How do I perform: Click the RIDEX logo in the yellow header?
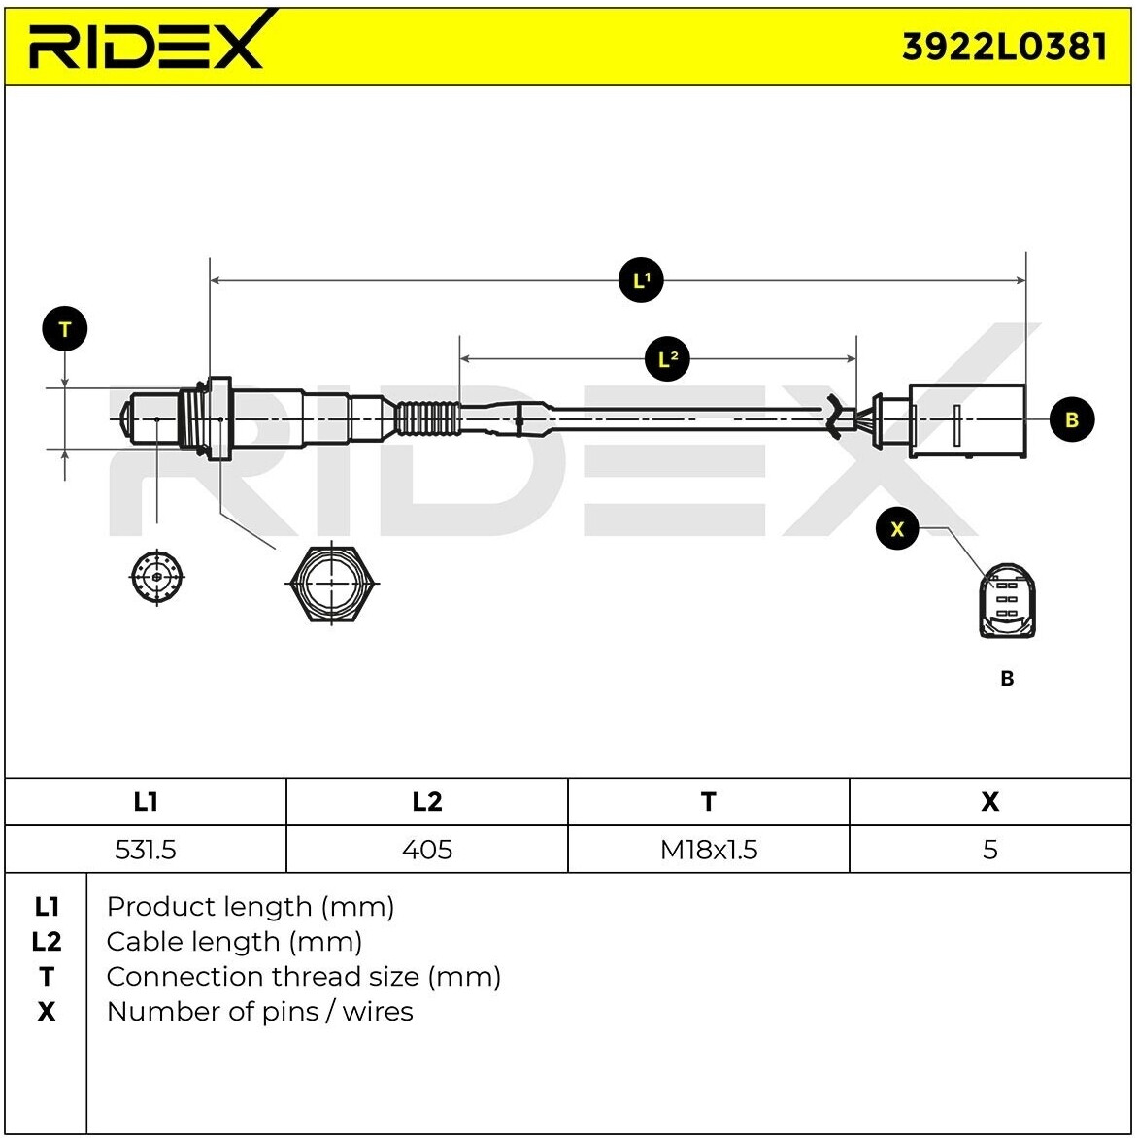coord(146,45)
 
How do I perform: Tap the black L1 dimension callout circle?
coord(641,281)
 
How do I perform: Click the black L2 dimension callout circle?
coord(667,360)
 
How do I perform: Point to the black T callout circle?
coord(65,329)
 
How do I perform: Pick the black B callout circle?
coord(1072,419)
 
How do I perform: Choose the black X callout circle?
coord(896,529)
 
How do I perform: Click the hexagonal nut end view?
coord(332,584)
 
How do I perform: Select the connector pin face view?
coord(1007,601)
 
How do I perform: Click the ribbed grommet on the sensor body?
coord(427,419)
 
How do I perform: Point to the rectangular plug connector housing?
coord(967,419)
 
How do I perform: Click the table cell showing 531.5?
coord(146,850)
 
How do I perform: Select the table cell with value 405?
coord(427,850)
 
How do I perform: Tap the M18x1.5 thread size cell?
coord(709,850)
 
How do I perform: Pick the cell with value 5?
coord(989,850)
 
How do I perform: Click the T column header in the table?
coord(709,802)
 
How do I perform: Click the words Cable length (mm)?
coord(234,941)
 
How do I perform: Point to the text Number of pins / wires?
coord(259,1011)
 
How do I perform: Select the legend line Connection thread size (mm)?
coord(303,976)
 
